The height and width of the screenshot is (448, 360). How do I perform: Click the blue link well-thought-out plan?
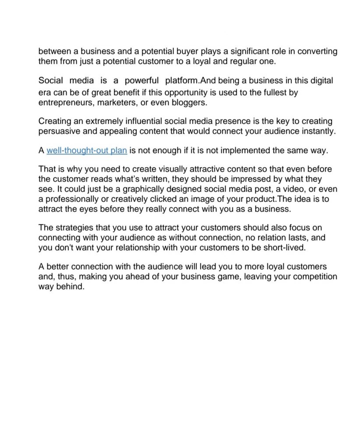(x=87, y=151)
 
